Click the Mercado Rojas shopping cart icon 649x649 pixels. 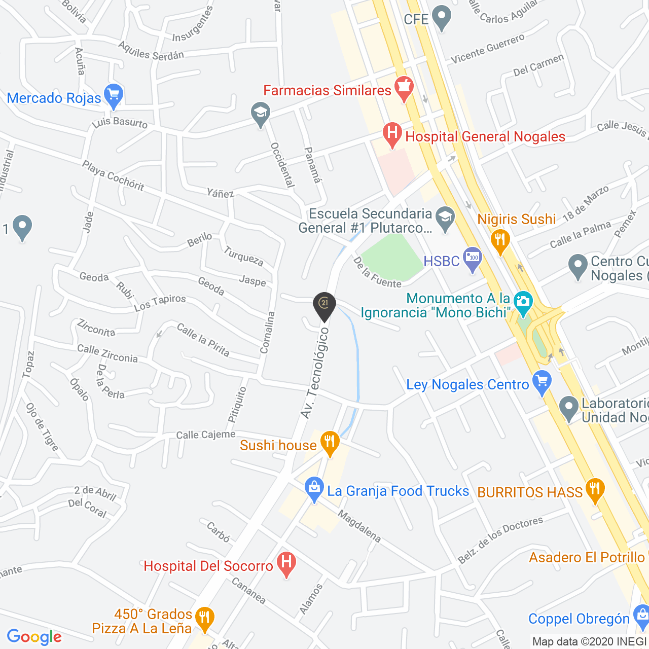pyautogui.click(x=113, y=95)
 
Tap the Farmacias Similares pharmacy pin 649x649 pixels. pyautogui.click(x=404, y=88)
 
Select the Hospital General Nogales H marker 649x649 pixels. pyautogui.click(x=392, y=135)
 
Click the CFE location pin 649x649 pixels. pyautogui.click(x=442, y=18)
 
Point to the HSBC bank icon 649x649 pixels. pyautogui.click(x=473, y=259)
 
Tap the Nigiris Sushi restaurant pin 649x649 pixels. pyautogui.click(x=500, y=241)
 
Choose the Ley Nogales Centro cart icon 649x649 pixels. pyautogui.click(x=542, y=383)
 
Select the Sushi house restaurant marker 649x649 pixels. pyautogui.click(x=330, y=443)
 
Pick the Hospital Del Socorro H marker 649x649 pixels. pyautogui.click(x=286, y=564)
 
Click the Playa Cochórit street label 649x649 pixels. pyautogui.click(x=113, y=175)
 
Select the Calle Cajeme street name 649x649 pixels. pyautogui.click(x=205, y=435)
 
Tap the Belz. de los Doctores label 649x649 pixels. pyautogui.click(x=500, y=539)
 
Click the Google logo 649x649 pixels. pyautogui.click(x=34, y=637)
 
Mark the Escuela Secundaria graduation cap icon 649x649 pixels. pyautogui.click(x=445, y=220)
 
